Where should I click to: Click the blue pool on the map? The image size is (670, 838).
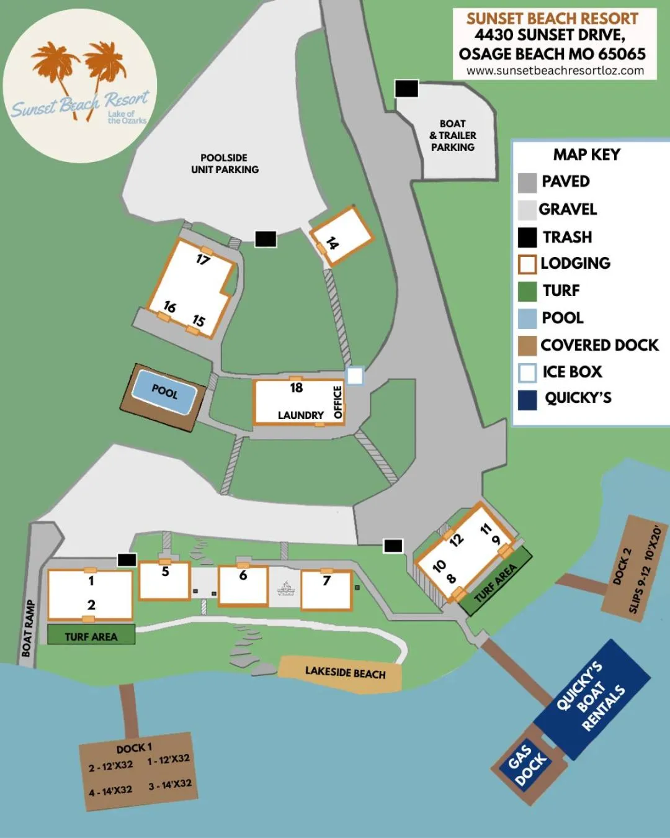coord(164,392)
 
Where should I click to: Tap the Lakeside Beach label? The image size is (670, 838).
coord(345,672)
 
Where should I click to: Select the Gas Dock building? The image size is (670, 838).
coord(528,765)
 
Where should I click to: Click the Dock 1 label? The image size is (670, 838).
coord(134,748)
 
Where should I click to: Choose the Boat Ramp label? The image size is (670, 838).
coord(28,628)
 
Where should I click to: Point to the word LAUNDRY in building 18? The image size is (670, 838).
coord(301,415)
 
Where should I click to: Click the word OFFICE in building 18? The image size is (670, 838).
coord(338,402)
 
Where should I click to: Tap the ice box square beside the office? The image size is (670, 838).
coord(355,376)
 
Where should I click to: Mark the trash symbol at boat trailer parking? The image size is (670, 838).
coord(406,89)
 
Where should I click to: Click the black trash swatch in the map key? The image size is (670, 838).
coord(527,237)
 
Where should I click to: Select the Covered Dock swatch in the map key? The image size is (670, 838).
coord(527,345)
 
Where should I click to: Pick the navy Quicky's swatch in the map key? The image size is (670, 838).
coord(527,399)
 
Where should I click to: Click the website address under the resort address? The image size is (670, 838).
coord(555,71)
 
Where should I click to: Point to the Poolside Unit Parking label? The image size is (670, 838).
coord(225,163)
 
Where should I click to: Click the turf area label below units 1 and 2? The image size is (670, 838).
coord(91,636)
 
